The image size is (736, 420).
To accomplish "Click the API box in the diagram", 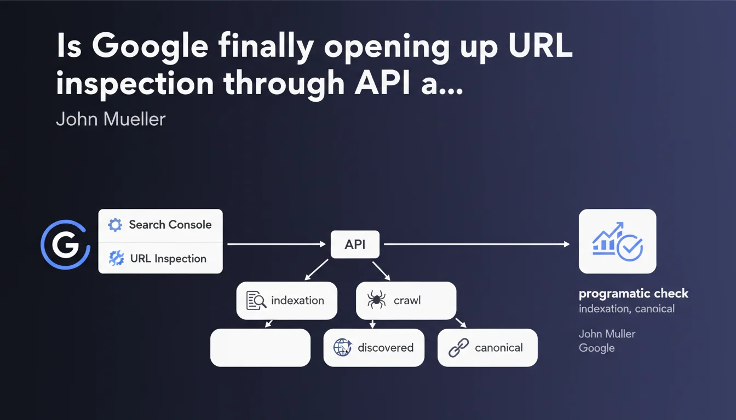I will pos(355,244).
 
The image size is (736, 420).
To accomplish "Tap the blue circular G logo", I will pos(65,244).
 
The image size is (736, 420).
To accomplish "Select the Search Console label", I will pos(170,225).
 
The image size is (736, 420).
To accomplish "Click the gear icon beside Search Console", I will pos(115,225).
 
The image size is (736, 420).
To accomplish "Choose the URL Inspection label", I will pos(168,259).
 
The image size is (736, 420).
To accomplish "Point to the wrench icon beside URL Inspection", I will pos(116,258).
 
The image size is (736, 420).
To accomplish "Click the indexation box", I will pos(286,300).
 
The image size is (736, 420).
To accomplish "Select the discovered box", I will pos(373,347).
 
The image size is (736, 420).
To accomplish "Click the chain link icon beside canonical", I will pos(458,347).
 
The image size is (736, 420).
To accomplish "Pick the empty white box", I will pos(260,347).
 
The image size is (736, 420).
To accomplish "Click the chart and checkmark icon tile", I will pos(617,241).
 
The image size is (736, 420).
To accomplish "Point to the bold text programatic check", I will pos(634,294).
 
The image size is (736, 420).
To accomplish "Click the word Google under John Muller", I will pos(596,348).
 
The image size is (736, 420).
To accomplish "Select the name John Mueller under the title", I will pos(111,119).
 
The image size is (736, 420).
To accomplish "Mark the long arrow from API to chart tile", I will pos(476,244).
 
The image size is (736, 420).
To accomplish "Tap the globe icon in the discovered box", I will pos(342,347).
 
